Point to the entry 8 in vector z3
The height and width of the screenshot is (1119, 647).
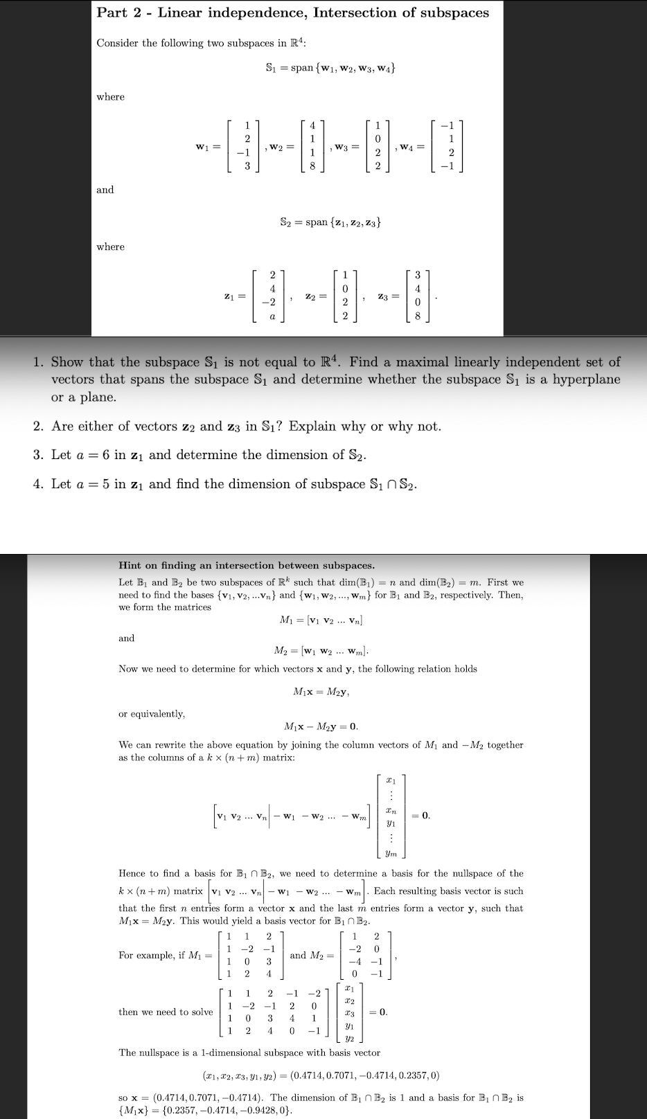417,316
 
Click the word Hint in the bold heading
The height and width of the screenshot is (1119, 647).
132,566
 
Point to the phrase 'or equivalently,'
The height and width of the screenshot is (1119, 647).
152,713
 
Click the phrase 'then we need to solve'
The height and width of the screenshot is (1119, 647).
166,1012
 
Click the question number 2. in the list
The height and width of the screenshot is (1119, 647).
39,427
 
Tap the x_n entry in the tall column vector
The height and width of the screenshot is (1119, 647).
391,810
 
